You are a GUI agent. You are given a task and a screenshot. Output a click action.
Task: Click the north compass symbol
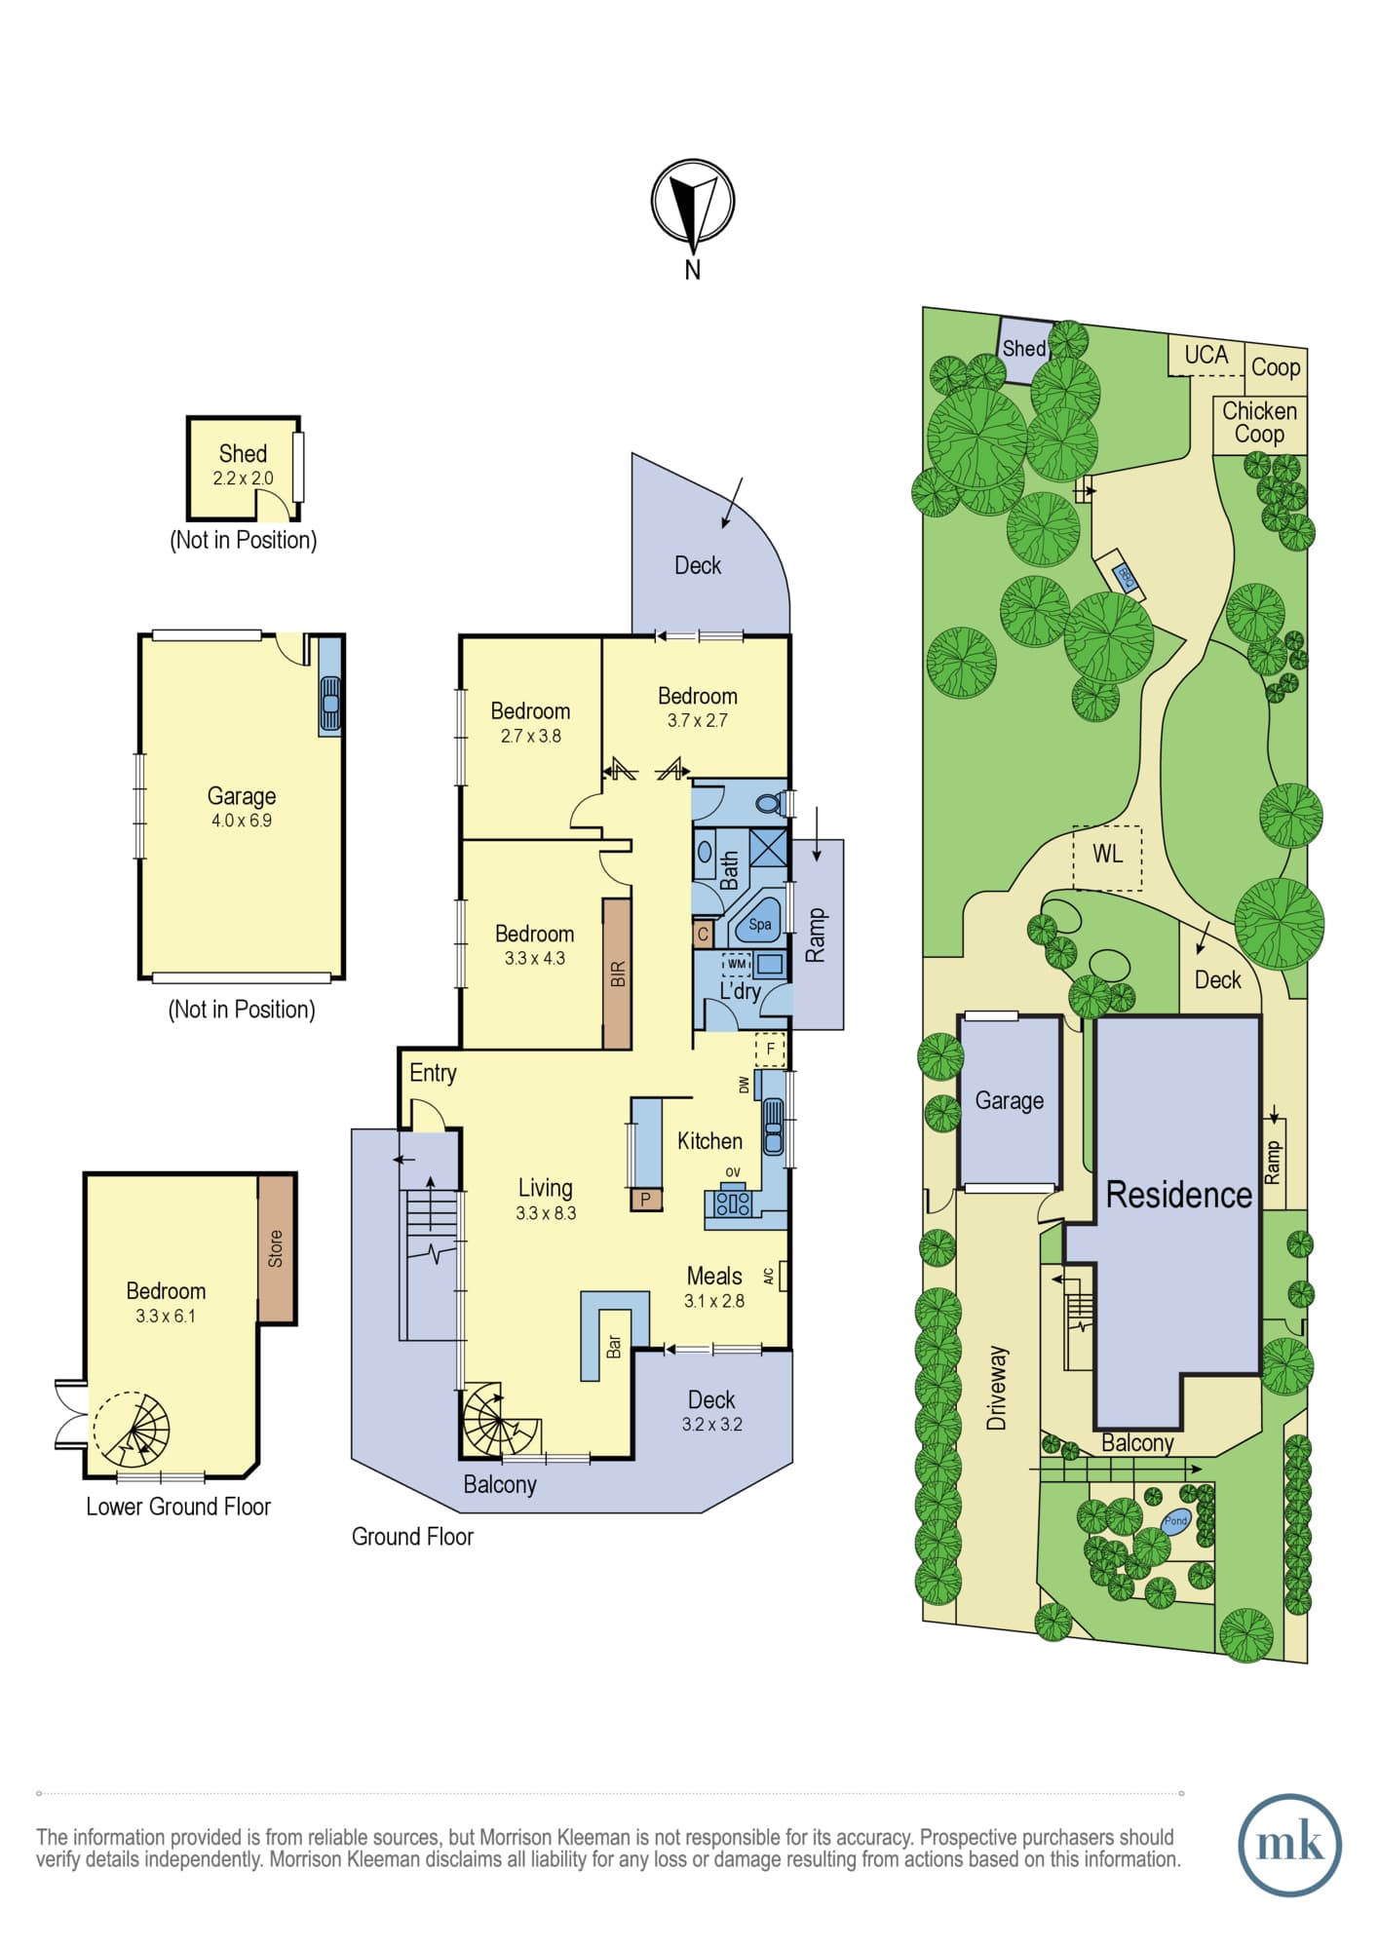(x=692, y=202)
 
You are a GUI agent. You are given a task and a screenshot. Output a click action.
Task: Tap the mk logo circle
(x=1289, y=1845)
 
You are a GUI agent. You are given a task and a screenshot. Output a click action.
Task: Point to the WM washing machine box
(x=736, y=964)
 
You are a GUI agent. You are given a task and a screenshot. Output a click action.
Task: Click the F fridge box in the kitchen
(x=770, y=1050)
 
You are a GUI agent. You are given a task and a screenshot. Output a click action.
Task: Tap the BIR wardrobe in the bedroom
(x=617, y=974)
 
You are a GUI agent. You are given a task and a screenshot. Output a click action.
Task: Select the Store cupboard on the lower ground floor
(x=276, y=1248)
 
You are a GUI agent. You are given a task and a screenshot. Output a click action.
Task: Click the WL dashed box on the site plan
(x=1107, y=858)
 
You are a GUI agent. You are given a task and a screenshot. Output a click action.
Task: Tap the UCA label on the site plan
(x=1206, y=355)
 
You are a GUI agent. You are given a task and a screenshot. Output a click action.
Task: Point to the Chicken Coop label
(x=1259, y=423)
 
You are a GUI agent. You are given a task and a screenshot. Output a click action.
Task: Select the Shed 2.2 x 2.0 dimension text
(x=243, y=478)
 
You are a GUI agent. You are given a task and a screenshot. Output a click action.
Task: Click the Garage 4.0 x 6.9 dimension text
(x=242, y=821)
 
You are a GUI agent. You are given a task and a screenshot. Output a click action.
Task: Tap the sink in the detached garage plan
(x=330, y=704)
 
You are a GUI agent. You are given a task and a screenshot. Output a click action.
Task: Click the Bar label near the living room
(x=614, y=1347)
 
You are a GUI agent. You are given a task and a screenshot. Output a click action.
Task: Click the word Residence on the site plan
(x=1178, y=1195)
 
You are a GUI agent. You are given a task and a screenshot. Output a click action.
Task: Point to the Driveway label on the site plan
(x=996, y=1389)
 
